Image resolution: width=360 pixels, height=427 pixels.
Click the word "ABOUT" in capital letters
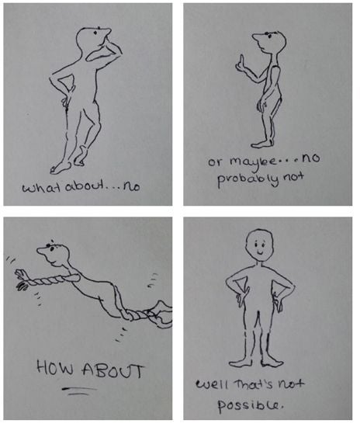click(x=113, y=370)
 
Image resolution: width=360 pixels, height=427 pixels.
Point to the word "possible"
click(x=250, y=406)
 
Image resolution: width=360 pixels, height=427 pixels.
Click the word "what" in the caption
click(x=42, y=187)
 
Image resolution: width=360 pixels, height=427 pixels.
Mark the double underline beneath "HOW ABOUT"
click(x=79, y=391)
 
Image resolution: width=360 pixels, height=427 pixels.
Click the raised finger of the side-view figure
click(x=241, y=60)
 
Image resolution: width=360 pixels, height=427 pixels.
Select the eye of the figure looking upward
click(x=95, y=33)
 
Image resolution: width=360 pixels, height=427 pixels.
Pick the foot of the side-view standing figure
click(x=261, y=144)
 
